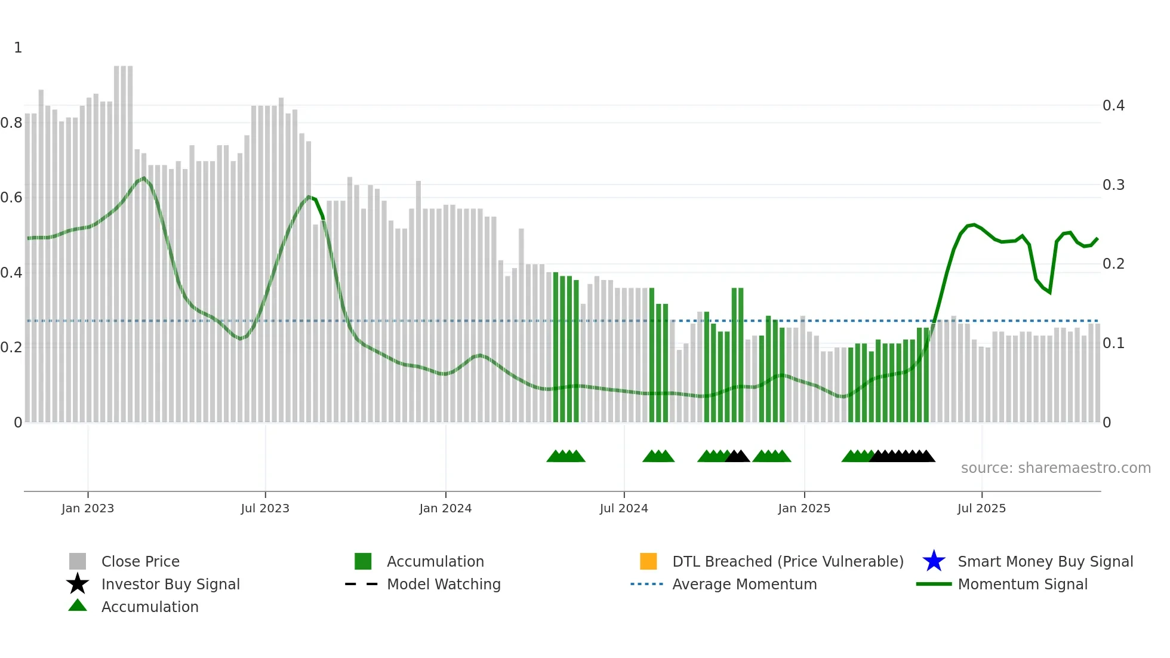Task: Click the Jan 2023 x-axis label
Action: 87,508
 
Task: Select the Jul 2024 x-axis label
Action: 623,508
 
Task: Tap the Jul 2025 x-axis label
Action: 981,508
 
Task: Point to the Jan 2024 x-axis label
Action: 445,508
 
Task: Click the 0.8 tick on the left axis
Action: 11,123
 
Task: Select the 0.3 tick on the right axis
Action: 1113,185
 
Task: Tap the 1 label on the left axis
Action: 18,48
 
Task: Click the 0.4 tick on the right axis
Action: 1113,106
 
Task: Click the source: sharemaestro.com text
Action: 1055,468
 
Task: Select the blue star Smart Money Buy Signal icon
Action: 934,561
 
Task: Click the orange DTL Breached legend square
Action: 648,561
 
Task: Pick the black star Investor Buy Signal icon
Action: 78,584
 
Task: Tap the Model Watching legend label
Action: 444,584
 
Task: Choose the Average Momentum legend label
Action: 744,584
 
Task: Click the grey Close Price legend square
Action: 78,561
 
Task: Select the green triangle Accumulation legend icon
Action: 78,605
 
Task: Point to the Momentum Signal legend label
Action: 1023,584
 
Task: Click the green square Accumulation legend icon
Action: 363,561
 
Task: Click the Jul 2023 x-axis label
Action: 265,508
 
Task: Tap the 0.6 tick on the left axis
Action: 11,198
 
